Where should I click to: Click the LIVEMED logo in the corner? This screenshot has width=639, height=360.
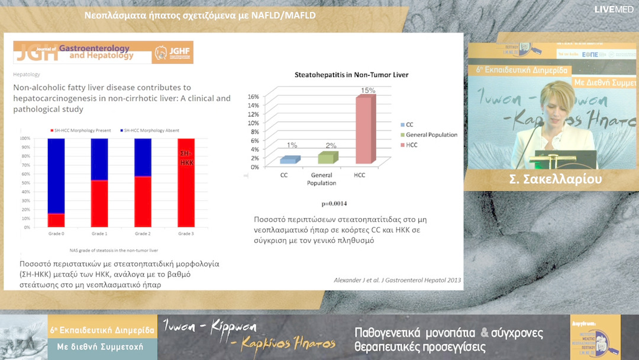pyautogui.click(x=615, y=9)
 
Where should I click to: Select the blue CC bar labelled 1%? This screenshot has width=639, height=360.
pyautogui.click(x=289, y=160)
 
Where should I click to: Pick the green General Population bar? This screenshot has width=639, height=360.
pyautogui.click(x=327, y=157)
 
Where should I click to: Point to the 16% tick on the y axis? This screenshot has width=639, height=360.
pyautogui.click(x=253, y=97)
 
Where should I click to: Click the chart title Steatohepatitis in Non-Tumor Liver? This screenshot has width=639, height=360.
pyautogui.click(x=351, y=75)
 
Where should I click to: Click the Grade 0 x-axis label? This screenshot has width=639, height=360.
pyautogui.click(x=57, y=233)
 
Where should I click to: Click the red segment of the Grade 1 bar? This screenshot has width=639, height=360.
pyautogui.click(x=99, y=203)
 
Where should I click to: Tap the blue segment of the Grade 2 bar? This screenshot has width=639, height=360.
pyautogui.click(x=143, y=157)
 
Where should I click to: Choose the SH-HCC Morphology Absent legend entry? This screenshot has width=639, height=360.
pyautogui.click(x=151, y=130)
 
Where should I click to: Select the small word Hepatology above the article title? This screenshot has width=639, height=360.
pyautogui.click(x=27, y=75)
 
